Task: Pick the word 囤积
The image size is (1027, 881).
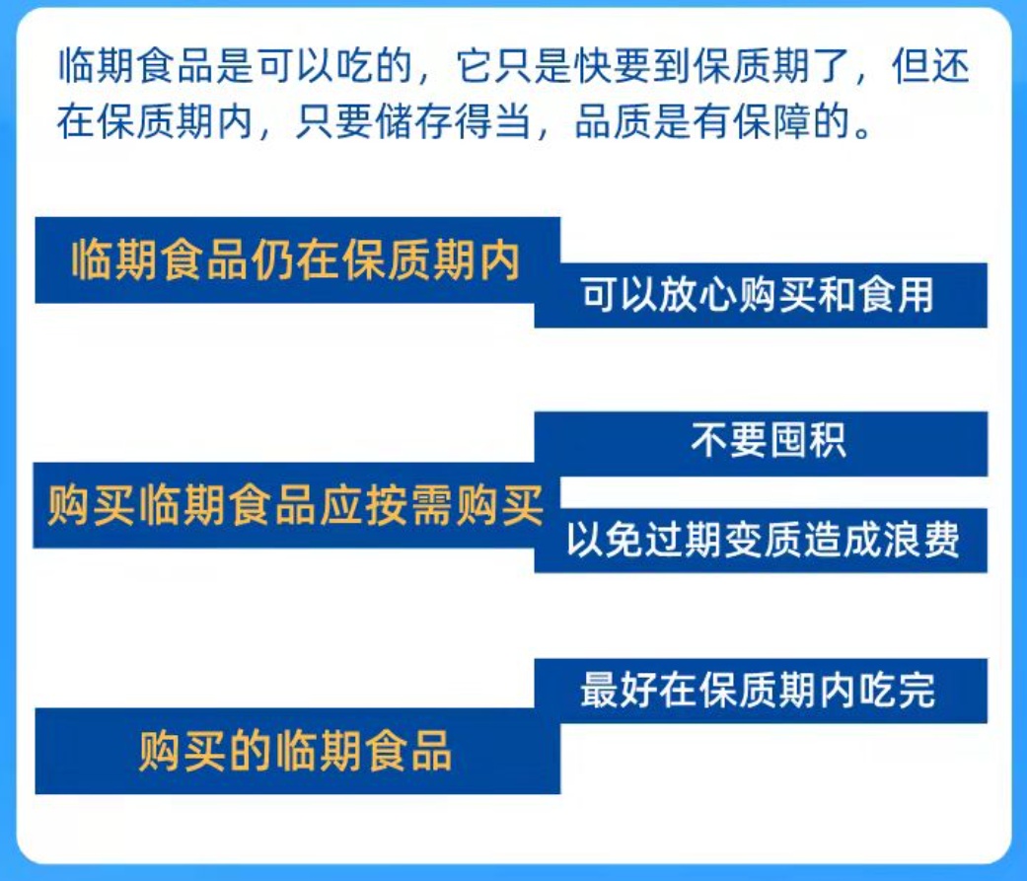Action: pos(806,441)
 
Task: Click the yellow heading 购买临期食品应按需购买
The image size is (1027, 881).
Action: pos(296,505)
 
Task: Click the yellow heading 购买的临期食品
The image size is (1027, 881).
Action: pos(296,751)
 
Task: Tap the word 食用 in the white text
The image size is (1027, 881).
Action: pos(894,295)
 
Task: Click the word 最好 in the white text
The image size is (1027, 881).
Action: pos(619,690)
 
